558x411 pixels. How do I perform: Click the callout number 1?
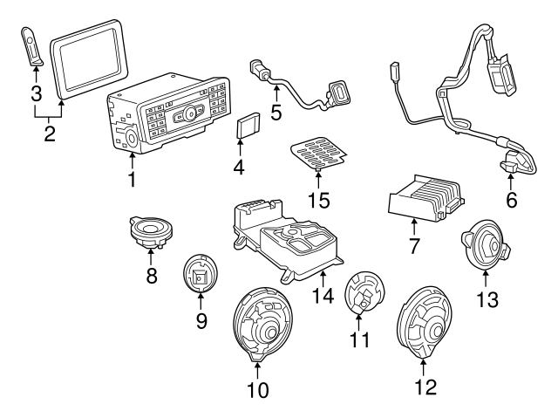[x=133, y=180]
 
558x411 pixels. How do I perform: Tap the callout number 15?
[x=318, y=201]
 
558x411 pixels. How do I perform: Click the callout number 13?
[x=487, y=299]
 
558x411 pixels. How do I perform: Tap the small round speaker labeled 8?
[x=152, y=230]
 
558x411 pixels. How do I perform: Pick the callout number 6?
[x=511, y=200]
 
